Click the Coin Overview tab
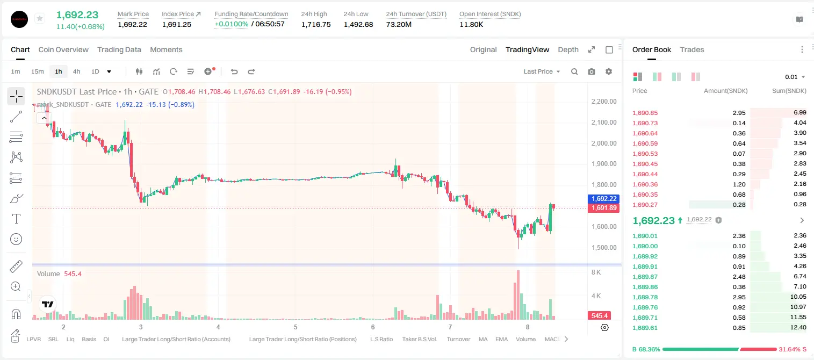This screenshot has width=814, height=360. pos(63,49)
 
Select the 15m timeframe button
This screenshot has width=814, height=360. pos(37,71)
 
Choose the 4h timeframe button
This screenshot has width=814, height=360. pos(76,71)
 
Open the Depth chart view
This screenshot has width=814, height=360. pos(568,49)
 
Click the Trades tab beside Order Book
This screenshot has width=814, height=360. pos(692,49)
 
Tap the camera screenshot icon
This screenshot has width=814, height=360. pos(592,71)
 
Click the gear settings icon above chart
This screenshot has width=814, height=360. pos(609,71)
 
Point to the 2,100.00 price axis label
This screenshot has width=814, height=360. pos(604,122)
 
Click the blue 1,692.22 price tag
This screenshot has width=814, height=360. pos(603,199)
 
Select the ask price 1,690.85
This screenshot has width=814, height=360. pos(645,113)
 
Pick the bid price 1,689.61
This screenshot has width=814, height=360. pos(645,328)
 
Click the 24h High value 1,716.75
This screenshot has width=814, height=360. pos(316,24)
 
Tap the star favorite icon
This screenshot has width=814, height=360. pos(40,18)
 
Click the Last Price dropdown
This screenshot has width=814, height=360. pos(542,71)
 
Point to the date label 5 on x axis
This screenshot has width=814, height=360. pos(296,327)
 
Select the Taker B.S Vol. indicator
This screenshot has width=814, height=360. pos(419,339)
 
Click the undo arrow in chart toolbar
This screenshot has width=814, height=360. pos(234,71)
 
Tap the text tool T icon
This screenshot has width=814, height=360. pos(16,219)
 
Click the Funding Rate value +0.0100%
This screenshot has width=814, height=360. pos(232,24)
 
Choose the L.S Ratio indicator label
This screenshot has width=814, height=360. pos(381,339)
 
